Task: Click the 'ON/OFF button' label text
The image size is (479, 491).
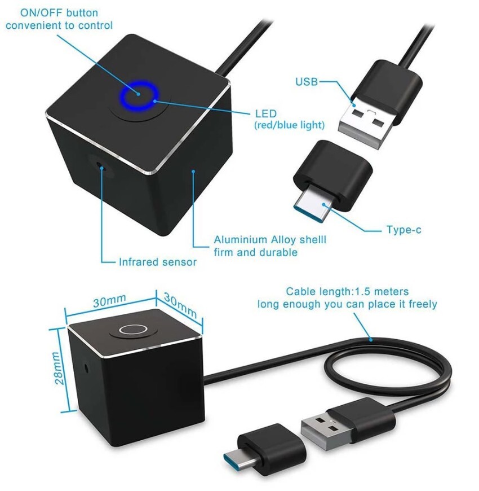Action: (x=52, y=12)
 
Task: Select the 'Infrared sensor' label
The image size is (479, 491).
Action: (x=157, y=262)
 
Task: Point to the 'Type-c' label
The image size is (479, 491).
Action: (x=403, y=230)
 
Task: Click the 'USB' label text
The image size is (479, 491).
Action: (x=307, y=82)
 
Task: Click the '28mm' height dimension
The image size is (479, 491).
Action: (x=57, y=369)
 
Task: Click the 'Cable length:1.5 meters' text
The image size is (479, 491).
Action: (x=347, y=292)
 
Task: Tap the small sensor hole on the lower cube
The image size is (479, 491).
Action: (x=86, y=366)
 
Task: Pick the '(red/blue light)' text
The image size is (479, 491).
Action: (x=289, y=125)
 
